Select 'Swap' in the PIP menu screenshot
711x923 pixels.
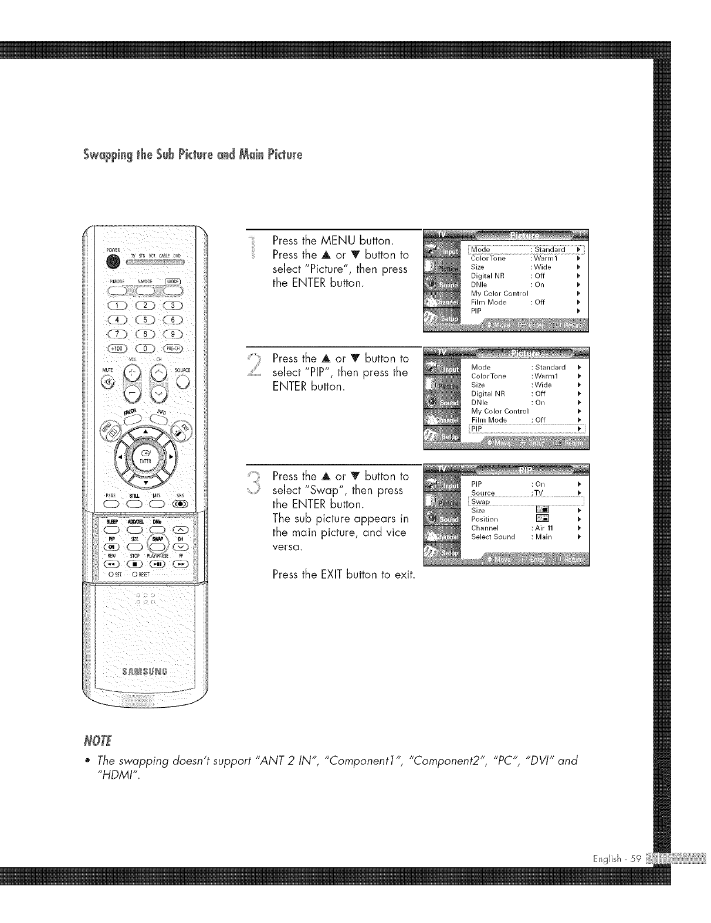[480, 502]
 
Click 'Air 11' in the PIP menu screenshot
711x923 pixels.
[544, 528]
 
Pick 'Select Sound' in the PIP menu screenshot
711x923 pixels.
[493, 537]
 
